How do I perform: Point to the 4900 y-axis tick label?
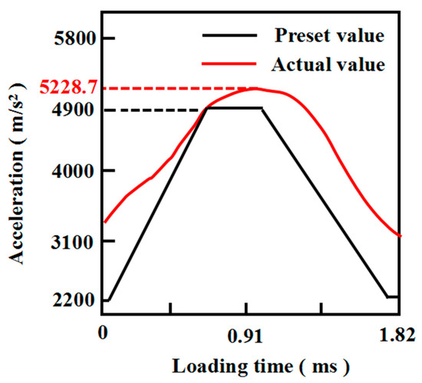pos(73,110)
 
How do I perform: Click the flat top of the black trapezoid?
pos(234,108)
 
